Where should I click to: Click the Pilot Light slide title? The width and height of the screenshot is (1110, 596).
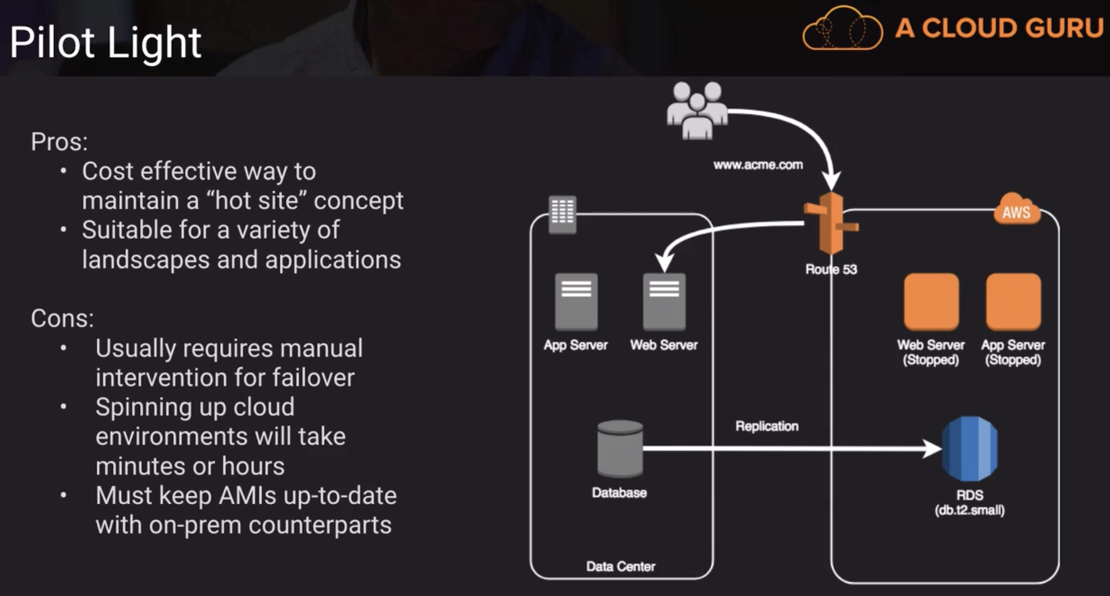105,43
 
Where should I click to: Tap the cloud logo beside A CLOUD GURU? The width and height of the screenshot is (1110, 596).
842,29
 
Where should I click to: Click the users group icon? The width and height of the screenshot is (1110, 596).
697,110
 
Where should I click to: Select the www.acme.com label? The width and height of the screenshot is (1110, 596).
758,165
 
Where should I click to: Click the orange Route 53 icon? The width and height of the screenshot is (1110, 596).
832,224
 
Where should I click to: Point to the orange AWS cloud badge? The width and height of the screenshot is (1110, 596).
1016,211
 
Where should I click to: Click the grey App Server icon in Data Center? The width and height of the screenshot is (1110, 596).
576,302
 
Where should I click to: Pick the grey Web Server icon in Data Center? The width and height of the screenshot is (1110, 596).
664,302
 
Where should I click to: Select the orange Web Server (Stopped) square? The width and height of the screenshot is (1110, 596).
931,302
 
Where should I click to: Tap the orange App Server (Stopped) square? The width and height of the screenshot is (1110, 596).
1013,302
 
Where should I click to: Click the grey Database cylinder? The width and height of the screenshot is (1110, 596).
620,449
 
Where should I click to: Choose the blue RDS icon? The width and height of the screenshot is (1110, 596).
970,449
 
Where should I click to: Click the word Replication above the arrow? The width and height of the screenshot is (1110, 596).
766,426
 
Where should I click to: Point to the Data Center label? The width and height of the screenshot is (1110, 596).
620,567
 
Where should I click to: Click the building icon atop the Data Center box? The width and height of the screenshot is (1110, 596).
562,214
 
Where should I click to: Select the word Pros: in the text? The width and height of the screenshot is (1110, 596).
60,142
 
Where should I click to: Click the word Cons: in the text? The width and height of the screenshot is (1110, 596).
62,319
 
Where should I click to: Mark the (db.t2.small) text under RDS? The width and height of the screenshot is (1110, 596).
970,510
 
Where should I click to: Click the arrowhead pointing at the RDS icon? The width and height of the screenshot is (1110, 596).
932,449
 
